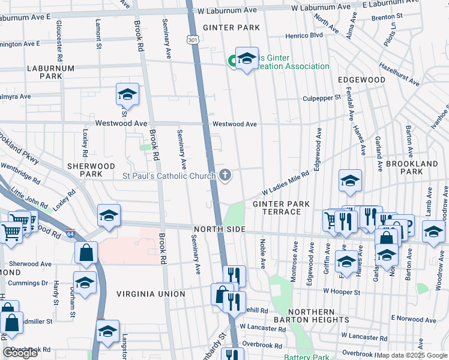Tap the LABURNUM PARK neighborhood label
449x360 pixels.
pyautogui.click(x=50, y=73)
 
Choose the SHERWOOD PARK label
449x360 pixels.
pyautogui.click(x=91, y=170)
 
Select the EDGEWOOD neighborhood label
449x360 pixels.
pyautogui.click(x=361, y=80)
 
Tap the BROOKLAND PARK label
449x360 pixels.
pyautogui.click(x=412, y=167)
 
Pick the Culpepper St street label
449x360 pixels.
pyautogui.click(x=322, y=97)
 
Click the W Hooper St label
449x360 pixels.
pyautogui.click(x=341, y=292)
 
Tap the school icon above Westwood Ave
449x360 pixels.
pyautogui.click(x=127, y=95)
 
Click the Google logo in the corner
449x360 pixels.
pyautogui.click(x=20, y=353)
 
